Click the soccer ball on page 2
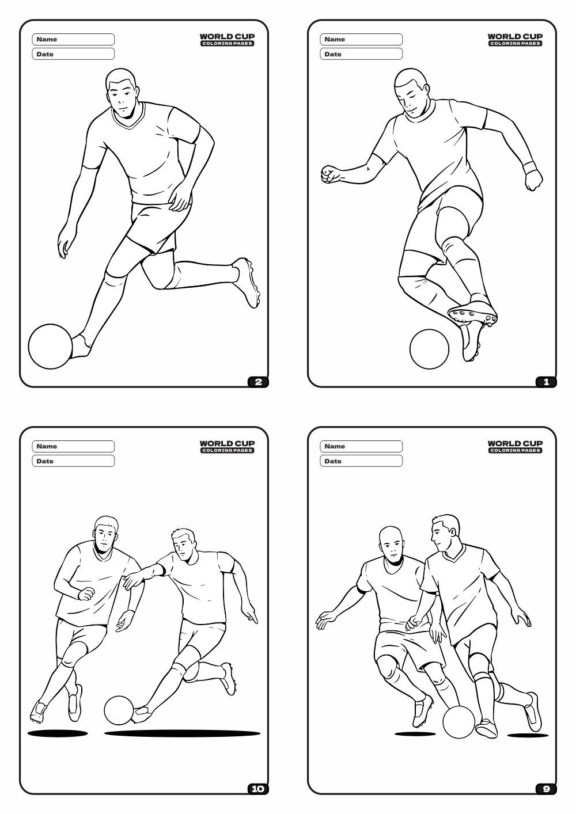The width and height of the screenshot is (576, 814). click(x=51, y=346)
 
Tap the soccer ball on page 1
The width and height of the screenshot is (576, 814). click(x=429, y=348)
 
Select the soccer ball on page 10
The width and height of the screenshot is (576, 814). click(x=119, y=710)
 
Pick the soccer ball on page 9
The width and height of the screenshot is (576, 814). click(x=458, y=722)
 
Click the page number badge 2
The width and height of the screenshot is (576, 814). click(x=258, y=382)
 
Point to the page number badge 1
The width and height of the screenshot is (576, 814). click(x=546, y=382)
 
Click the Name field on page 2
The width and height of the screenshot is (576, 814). click(x=74, y=39)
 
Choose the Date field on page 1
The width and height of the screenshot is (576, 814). click(x=362, y=54)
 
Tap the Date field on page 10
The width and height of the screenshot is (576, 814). click(x=74, y=461)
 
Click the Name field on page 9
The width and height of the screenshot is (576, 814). click(x=362, y=446)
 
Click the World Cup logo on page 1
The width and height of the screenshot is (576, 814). click(x=515, y=39)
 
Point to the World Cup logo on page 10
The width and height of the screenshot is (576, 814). click(x=227, y=446)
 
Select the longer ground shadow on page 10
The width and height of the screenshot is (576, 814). click(x=182, y=733)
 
